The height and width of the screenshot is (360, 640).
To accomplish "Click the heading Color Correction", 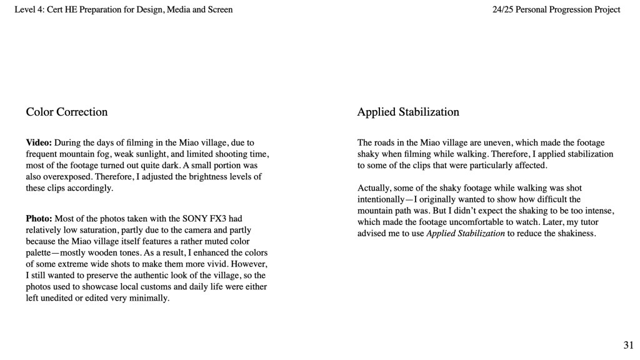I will click(66, 112).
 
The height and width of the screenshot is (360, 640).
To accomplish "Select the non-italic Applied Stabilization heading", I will click(407, 112).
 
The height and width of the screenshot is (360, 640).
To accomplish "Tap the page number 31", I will click(628, 344).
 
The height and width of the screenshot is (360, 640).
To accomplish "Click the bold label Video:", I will click(39, 143).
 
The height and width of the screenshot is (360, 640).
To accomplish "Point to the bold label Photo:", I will click(39, 219).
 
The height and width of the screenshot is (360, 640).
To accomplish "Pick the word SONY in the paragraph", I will click(195, 219).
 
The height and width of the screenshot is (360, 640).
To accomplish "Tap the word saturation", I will click(97, 230).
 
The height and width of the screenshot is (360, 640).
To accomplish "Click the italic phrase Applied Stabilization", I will click(465, 234).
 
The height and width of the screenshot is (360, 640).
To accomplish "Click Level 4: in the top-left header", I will click(29, 9).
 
